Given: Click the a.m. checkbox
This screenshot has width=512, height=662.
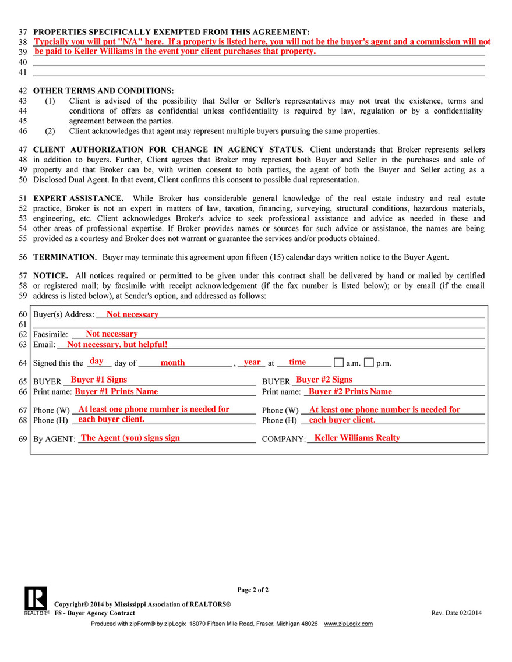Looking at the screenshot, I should tap(338, 363).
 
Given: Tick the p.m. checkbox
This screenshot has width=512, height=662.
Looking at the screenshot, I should tap(369, 363).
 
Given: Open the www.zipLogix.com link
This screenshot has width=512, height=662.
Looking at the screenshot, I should tap(348, 624).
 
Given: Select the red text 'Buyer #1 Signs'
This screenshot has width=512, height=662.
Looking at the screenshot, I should tap(99, 380).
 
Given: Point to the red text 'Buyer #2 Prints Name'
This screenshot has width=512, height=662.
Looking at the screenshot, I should tap(350, 391).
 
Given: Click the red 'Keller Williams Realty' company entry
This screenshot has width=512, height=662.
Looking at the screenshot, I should tap(357, 438).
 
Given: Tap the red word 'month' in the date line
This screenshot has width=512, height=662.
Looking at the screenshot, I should tap(172, 363).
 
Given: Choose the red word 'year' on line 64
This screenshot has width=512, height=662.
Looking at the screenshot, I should tap(252, 362).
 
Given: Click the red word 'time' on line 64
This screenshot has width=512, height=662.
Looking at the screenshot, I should tap(297, 362).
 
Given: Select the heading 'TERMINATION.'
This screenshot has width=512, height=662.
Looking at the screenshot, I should tap(65, 257).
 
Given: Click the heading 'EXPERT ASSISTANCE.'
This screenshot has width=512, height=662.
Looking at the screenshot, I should tap(78, 198).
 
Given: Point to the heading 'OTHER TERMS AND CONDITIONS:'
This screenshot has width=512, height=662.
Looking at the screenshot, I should tap(103, 91).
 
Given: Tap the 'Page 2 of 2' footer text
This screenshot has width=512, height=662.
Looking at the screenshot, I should tap(253, 590).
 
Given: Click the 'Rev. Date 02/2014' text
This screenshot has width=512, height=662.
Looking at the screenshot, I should tap(456, 613).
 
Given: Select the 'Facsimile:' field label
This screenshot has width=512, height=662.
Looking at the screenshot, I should tap(51, 335).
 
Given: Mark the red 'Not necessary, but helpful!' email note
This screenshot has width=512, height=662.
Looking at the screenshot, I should tap(117, 345).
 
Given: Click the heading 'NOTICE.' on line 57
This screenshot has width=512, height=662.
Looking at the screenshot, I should tap(51, 275).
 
